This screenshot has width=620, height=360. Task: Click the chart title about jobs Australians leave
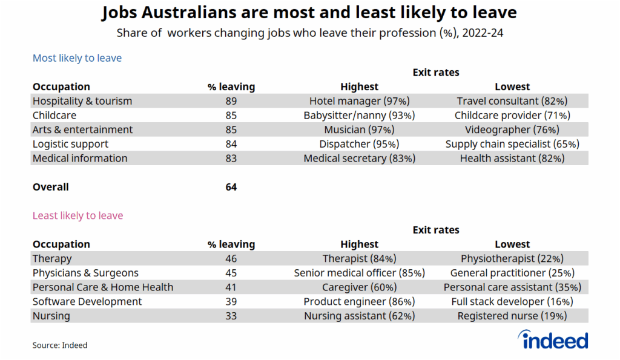click(x=309, y=12)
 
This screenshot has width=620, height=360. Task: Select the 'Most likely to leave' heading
click(x=77, y=58)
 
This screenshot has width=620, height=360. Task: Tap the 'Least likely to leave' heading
click(x=77, y=215)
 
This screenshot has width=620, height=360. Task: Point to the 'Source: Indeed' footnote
click(x=60, y=345)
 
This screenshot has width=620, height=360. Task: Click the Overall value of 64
click(x=231, y=187)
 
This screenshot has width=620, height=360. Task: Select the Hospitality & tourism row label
click(x=82, y=101)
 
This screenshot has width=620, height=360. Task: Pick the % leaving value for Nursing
click(x=231, y=316)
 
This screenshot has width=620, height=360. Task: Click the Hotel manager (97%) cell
click(x=359, y=101)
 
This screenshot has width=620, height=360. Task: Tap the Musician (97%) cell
click(x=359, y=129)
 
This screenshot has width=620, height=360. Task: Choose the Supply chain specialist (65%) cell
click(x=512, y=144)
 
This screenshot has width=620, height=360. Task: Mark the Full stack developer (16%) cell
click(x=512, y=301)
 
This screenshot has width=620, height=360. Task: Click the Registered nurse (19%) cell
click(x=512, y=316)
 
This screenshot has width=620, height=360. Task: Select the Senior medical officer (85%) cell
click(x=359, y=273)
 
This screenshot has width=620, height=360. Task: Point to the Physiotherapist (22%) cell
click(x=512, y=258)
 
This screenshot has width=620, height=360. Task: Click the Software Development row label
click(x=87, y=301)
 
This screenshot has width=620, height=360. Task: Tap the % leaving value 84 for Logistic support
click(x=231, y=144)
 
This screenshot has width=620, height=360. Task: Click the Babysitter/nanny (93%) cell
click(x=359, y=115)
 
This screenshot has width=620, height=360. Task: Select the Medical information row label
click(x=80, y=159)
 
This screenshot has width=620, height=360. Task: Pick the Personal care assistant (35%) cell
click(x=512, y=287)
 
